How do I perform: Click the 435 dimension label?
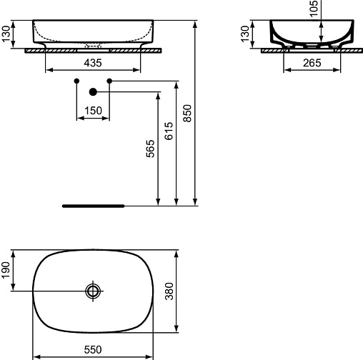93,63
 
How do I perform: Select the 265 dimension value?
312,63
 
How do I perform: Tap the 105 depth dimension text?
314,9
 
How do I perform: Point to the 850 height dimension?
187,114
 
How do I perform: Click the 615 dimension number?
169,131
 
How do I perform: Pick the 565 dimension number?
150,149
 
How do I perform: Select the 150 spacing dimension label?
93,111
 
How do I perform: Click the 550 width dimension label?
93,350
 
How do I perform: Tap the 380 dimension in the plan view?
169,291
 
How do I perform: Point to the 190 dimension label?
6,270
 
